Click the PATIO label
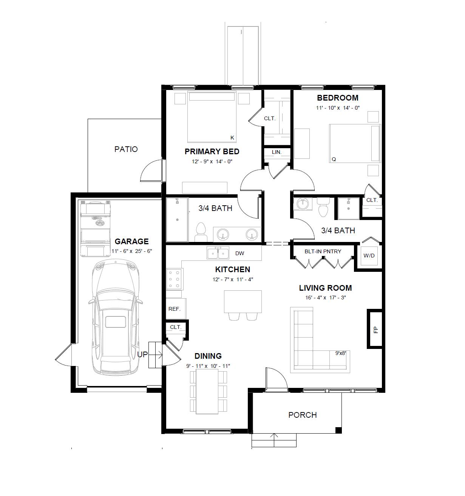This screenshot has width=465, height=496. click(126, 149)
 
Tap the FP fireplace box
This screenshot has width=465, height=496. click(375, 329)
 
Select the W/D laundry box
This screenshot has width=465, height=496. click(369, 256)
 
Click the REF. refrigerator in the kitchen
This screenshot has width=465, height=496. click(175, 308)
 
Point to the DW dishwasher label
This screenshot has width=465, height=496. click(239, 253)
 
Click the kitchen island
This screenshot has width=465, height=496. click(243, 301)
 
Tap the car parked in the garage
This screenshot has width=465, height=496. click(116, 318)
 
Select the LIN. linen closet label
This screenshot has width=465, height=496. click(277, 152)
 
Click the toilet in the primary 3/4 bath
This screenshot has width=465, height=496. click(201, 231)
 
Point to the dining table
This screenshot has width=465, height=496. click(207, 392)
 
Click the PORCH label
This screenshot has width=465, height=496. click(302, 415)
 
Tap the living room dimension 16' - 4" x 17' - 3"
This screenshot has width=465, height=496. click(326, 298)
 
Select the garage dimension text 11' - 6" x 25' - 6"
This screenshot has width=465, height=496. click(131, 251)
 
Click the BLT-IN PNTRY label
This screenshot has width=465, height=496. click(323, 251)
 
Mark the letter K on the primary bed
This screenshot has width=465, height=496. click(232, 138)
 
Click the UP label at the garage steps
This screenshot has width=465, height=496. click(142, 355)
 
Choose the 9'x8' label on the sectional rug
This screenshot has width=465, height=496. click(340, 353)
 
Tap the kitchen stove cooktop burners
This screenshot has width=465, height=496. click(174, 279)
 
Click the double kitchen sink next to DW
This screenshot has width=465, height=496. click(218, 253)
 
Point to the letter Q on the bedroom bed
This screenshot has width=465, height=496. click(334, 160)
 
